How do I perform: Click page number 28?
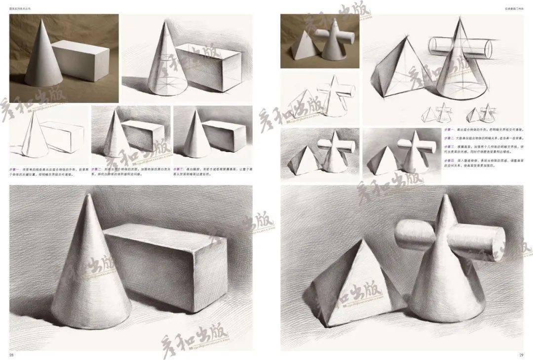(x=11, y=355)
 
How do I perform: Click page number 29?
(x=521, y=355)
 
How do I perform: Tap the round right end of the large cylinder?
(x=495, y=246)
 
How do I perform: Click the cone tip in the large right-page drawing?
(x=447, y=197)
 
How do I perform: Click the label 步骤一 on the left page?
(x=16, y=169)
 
